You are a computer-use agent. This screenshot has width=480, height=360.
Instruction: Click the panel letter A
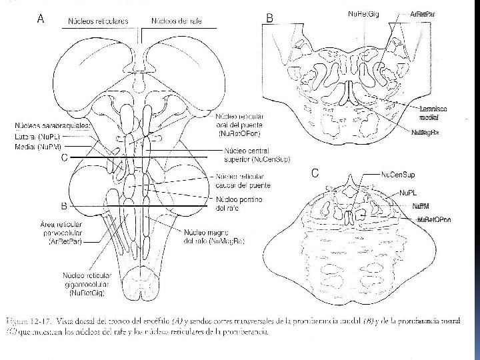pyautogui.click(x=41, y=19)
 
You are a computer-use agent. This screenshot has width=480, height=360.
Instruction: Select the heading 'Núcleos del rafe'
pyautogui.click(x=177, y=21)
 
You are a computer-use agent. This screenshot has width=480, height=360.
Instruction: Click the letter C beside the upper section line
pyautogui.click(x=64, y=157)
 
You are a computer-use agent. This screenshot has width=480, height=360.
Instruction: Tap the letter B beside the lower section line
pyautogui.click(x=64, y=206)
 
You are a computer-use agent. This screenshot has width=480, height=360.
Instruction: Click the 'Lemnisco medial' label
pyautogui.click(x=434, y=113)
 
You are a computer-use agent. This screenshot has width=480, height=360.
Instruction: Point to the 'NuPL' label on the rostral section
pyautogui.click(x=408, y=192)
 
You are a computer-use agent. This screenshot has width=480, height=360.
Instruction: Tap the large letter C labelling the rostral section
pyautogui.click(x=316, y=173)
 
